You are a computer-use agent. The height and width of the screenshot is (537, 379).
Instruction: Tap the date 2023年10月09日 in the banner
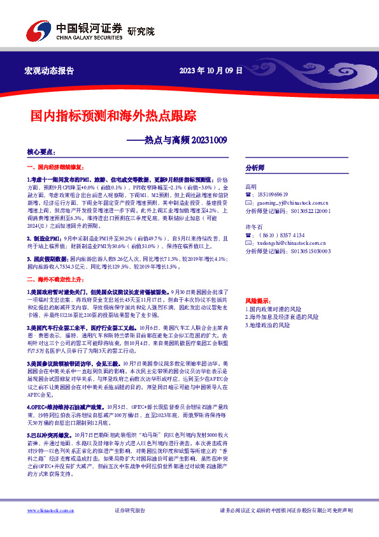tap(211, 71)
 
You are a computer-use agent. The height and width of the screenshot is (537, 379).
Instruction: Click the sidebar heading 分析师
tap(255, 167)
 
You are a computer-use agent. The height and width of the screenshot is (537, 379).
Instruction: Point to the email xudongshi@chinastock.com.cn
tap(283, 243)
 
